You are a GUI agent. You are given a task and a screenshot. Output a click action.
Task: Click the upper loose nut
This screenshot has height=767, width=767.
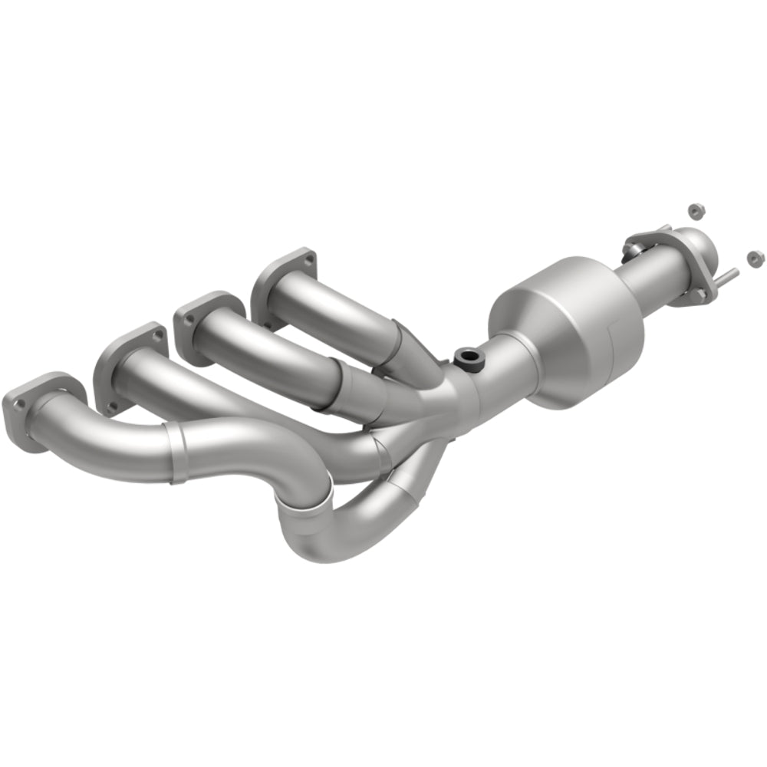pyautogui.click(x=695, y=209)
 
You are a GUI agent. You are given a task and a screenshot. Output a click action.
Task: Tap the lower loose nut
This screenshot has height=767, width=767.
pyautogui.click(x=754, y=255)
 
